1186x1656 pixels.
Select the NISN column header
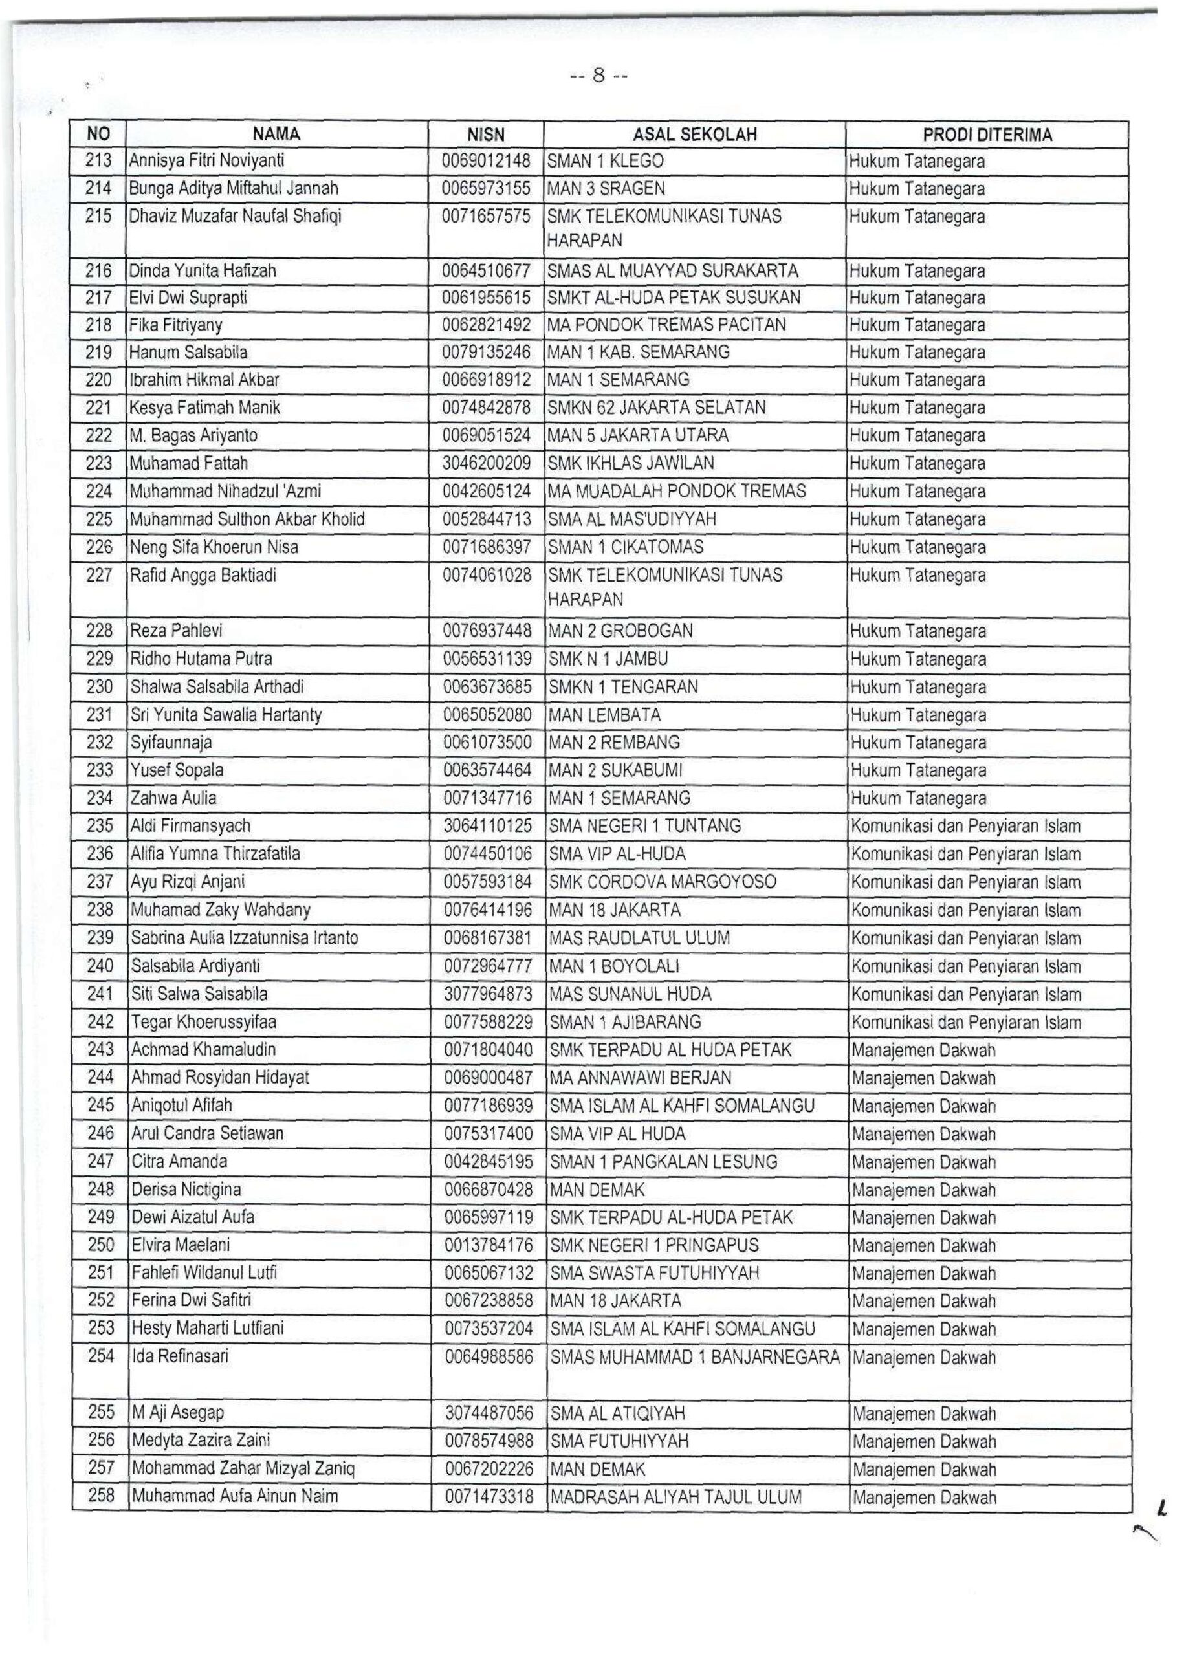(x=486, y=135)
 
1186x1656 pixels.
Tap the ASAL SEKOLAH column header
(x=694, y=135)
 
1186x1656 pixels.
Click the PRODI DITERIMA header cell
(x=987, y=135)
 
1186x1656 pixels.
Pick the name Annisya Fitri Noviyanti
(x=206, y=160)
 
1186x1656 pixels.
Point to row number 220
(x=98, y=380)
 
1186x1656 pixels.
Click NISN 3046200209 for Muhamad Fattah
(x=487, y=464)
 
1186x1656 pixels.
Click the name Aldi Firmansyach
(x=191, y=826)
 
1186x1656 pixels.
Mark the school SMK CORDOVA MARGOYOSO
(x=663, y=882)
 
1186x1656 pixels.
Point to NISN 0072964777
(x=488, y=966)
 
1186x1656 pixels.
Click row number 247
(x=100, y=1161)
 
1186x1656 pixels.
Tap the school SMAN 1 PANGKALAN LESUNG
(x=664, y=1162)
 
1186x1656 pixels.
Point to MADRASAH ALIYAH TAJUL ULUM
(x=676, y=1497)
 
